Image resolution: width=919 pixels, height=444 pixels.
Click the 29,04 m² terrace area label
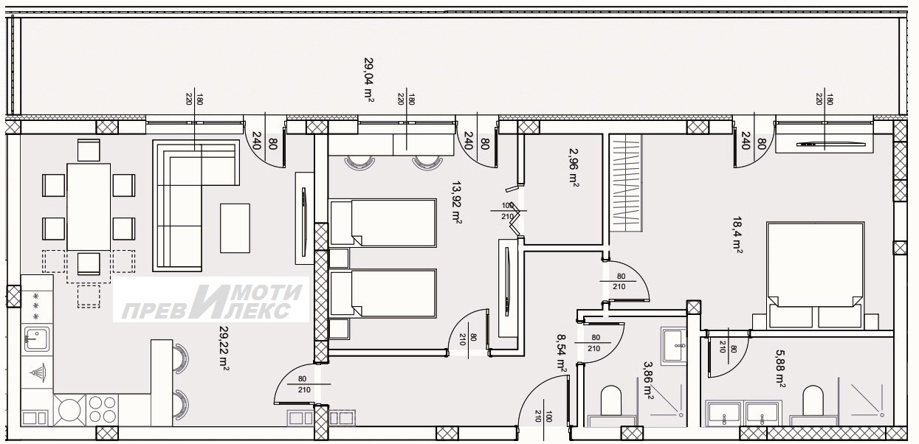click(x=368, y=80)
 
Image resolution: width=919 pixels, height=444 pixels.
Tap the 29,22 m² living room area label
click(x=224, y=348)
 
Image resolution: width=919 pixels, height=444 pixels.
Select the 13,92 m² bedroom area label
click(x=457, y=203)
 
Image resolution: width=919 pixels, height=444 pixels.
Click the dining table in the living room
click(x=89, y=207)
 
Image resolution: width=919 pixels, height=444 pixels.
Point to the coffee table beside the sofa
click(x=235, y=229)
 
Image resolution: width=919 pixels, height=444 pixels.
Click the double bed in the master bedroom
click(x=816, y=276)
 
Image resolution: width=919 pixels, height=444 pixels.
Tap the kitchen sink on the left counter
click(x=37, y=339)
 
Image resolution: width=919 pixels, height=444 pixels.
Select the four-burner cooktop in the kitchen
click(x=103, y=409)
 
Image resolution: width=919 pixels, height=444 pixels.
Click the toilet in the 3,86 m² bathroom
click(x=611, y=400)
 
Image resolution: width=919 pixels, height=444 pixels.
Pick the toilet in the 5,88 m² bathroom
click(x=813, y=400)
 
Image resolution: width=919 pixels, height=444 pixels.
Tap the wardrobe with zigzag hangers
click(x=626, y=183)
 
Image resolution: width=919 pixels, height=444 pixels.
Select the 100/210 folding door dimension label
click(x=508, y=211)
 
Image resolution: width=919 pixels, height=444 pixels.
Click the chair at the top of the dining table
click(x=89, y=150)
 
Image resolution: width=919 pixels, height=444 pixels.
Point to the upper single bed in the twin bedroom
click(x=383, y=223)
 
